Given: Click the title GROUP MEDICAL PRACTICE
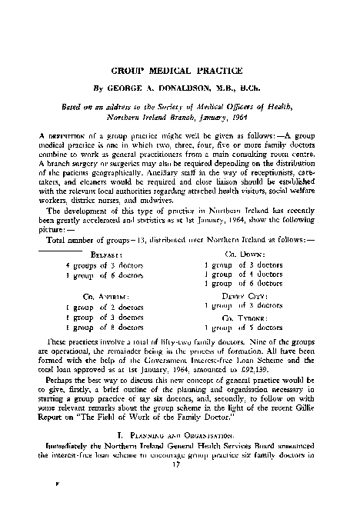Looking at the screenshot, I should [x=179, y=70].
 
